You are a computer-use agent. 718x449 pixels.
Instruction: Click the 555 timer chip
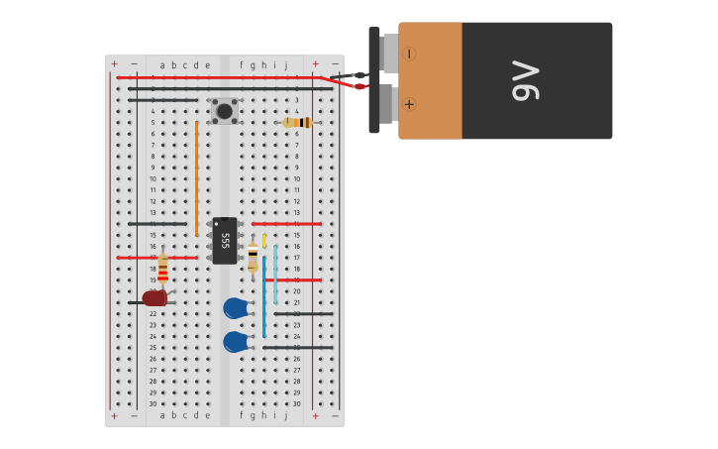coord(225,241)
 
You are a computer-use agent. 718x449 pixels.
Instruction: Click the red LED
coord(154,297)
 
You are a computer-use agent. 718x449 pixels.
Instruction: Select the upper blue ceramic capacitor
coord(235,308)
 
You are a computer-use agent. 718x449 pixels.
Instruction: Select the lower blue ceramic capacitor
coord(235,342)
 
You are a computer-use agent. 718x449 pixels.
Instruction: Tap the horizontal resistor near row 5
coord(297,123)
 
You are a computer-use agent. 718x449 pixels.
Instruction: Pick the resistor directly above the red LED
coord(162,269)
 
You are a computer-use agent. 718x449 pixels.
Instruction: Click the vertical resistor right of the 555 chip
coord(253,258)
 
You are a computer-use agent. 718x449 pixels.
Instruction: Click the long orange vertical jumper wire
coord(196,178)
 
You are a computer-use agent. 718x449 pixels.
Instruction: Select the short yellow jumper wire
coord(263,240)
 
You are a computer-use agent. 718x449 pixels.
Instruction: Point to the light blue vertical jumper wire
coord(275,275)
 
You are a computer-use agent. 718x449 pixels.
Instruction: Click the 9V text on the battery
coord(525,81)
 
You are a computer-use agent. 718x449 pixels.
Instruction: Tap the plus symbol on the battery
coord(409,104)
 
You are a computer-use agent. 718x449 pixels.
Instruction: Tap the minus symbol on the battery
coord(409,54)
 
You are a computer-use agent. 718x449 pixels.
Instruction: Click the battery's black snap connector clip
coord(374,80)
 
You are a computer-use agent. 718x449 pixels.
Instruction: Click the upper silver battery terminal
coord(389,54)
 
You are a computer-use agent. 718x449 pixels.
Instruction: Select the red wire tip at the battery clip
coord(360,86)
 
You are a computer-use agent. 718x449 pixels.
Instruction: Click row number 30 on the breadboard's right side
coord(296,403)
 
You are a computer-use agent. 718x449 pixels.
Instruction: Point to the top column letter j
coord(285,65)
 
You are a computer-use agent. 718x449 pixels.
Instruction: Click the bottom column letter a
coord(162,415)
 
